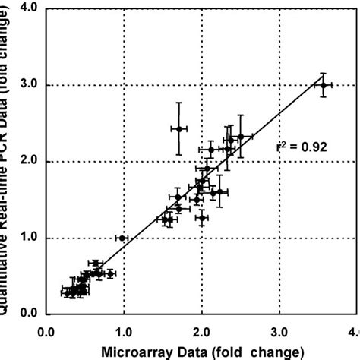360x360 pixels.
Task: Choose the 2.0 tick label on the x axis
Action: point(201,332)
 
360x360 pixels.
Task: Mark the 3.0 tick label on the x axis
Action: point(279,332)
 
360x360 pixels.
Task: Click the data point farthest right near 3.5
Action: point(323,85)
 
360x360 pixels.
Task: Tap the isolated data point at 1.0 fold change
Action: point(122,238)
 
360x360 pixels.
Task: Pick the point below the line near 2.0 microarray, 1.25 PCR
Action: point(202,218)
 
